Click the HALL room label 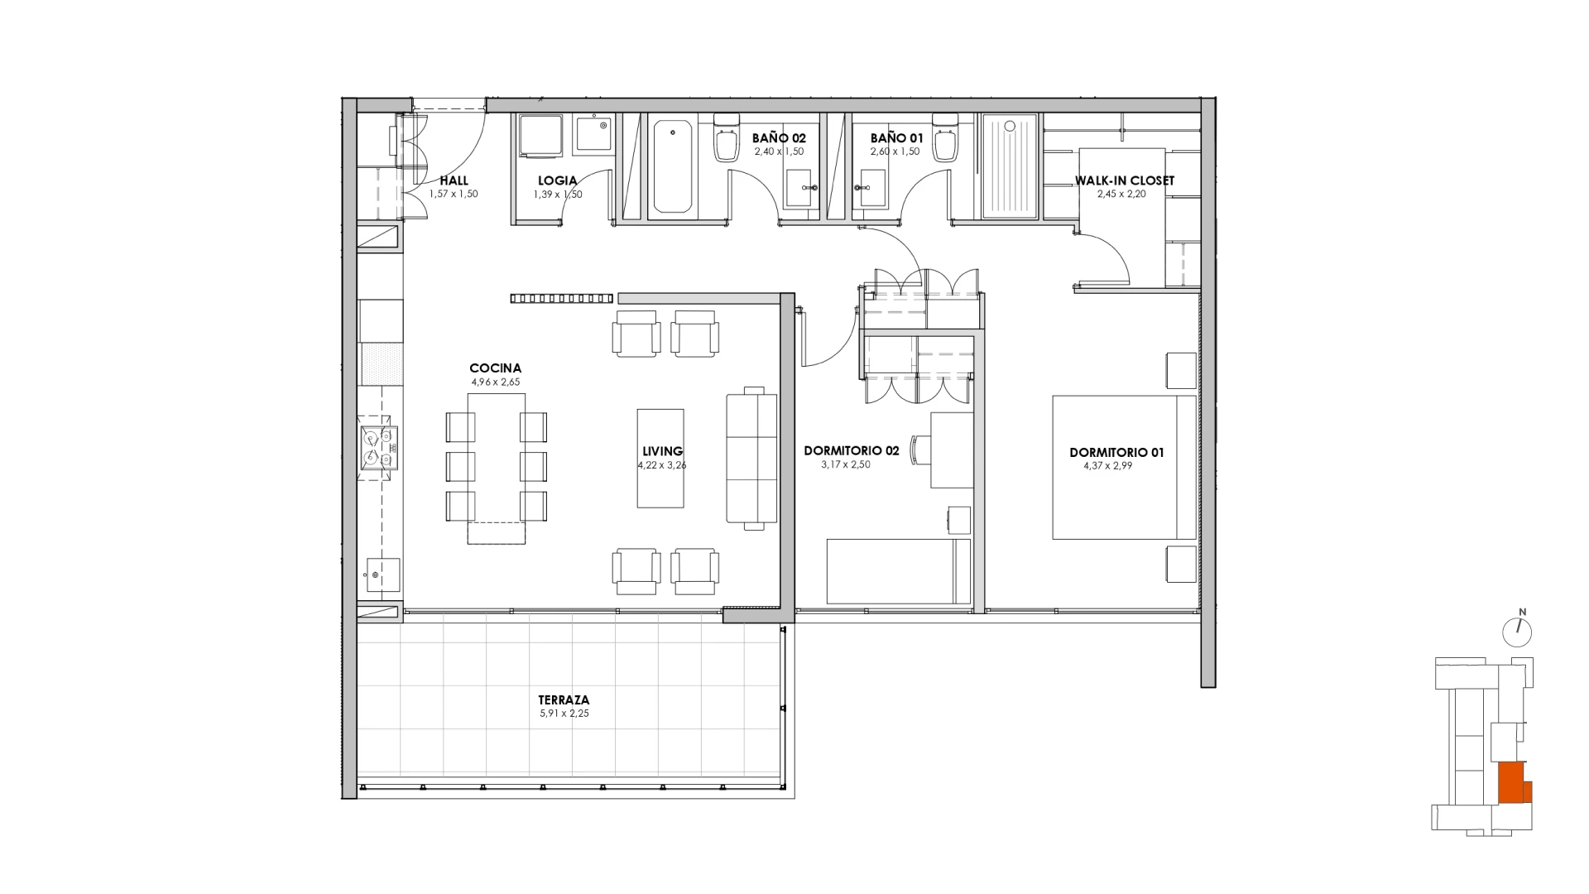coord(454,180)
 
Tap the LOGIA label coord(557,180)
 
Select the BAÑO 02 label coord(779,138)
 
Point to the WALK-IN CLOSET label coord(1124,180)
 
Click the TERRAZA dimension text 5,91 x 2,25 coord(564,713)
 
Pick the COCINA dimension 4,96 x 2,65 coord(495,382)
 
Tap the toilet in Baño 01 coord(946,139)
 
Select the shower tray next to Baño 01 coord(1009,166)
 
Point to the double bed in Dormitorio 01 coord(1124,468)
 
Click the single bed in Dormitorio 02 coord(899,571)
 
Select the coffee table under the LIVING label coord(660,458)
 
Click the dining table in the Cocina coord(496,468)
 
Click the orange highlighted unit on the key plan coord(1514,782)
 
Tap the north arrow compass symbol coord(1517,630)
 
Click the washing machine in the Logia coord(540,135)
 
